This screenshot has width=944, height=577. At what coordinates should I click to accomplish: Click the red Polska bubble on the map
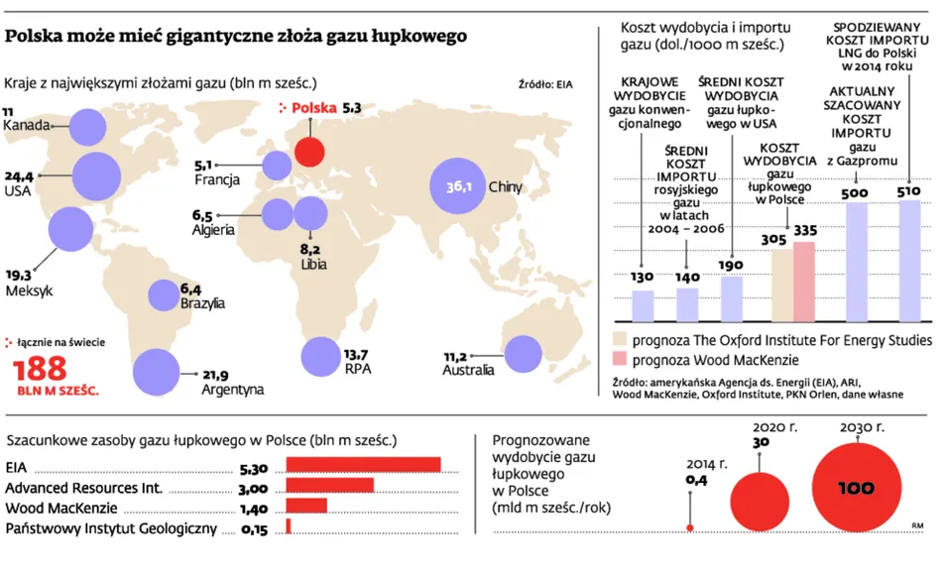310,152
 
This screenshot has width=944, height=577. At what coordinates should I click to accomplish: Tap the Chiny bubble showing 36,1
457,185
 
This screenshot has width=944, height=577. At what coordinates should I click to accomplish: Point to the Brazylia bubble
164,294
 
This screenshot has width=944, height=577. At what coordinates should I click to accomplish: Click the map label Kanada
26,126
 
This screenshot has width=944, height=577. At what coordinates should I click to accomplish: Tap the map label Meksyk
28,291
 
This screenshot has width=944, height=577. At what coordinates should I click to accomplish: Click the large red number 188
39,370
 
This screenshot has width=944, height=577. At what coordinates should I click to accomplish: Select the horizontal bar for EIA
363,465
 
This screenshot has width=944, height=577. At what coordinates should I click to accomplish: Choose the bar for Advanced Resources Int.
329,485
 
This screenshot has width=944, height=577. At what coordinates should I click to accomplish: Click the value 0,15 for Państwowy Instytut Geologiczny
255,529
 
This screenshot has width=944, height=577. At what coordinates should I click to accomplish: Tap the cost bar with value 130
643,305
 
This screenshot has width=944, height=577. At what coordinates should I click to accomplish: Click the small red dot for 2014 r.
690,525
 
